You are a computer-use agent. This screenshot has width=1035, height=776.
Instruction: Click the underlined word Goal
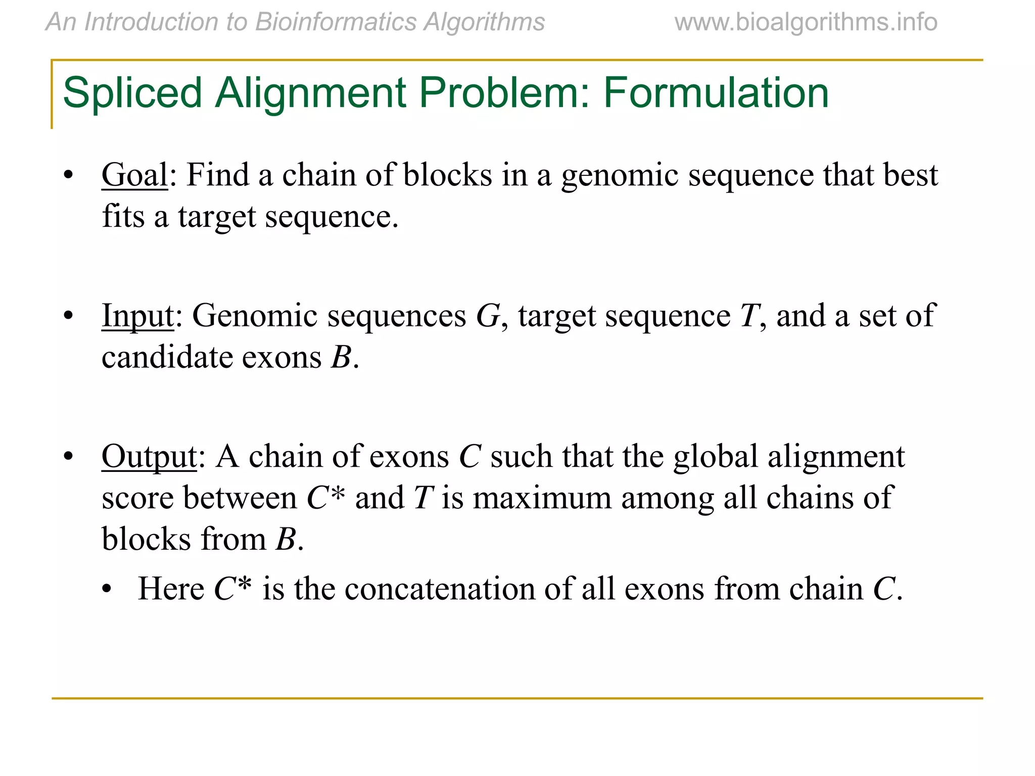point(134,175)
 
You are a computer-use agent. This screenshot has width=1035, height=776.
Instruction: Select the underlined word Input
point(137,316)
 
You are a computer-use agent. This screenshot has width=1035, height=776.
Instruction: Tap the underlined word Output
point(149,456)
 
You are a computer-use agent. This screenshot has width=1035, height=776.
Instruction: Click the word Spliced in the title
point(132,93)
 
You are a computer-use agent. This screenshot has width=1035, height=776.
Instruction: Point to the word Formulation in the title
point(716,93)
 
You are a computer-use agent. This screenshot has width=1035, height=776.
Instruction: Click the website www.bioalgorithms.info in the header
point(806,22)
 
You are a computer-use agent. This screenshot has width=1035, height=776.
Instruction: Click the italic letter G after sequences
point(488,316)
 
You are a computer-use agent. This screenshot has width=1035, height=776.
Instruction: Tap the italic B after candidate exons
point(341,358)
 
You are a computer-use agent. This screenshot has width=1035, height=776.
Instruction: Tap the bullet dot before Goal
point(68,175)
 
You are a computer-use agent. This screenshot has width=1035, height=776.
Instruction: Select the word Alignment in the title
point(310,93)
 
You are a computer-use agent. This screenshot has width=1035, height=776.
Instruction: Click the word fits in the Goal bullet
point(123,217)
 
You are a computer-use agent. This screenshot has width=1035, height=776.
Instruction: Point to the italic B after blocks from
point(286,540)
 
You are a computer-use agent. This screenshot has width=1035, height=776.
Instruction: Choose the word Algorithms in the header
point(484,22)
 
